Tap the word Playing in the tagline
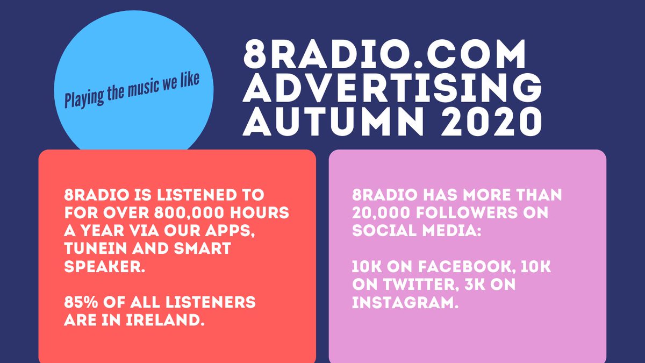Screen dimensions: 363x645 (82, 98)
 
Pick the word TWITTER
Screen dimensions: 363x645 (426, 284)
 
